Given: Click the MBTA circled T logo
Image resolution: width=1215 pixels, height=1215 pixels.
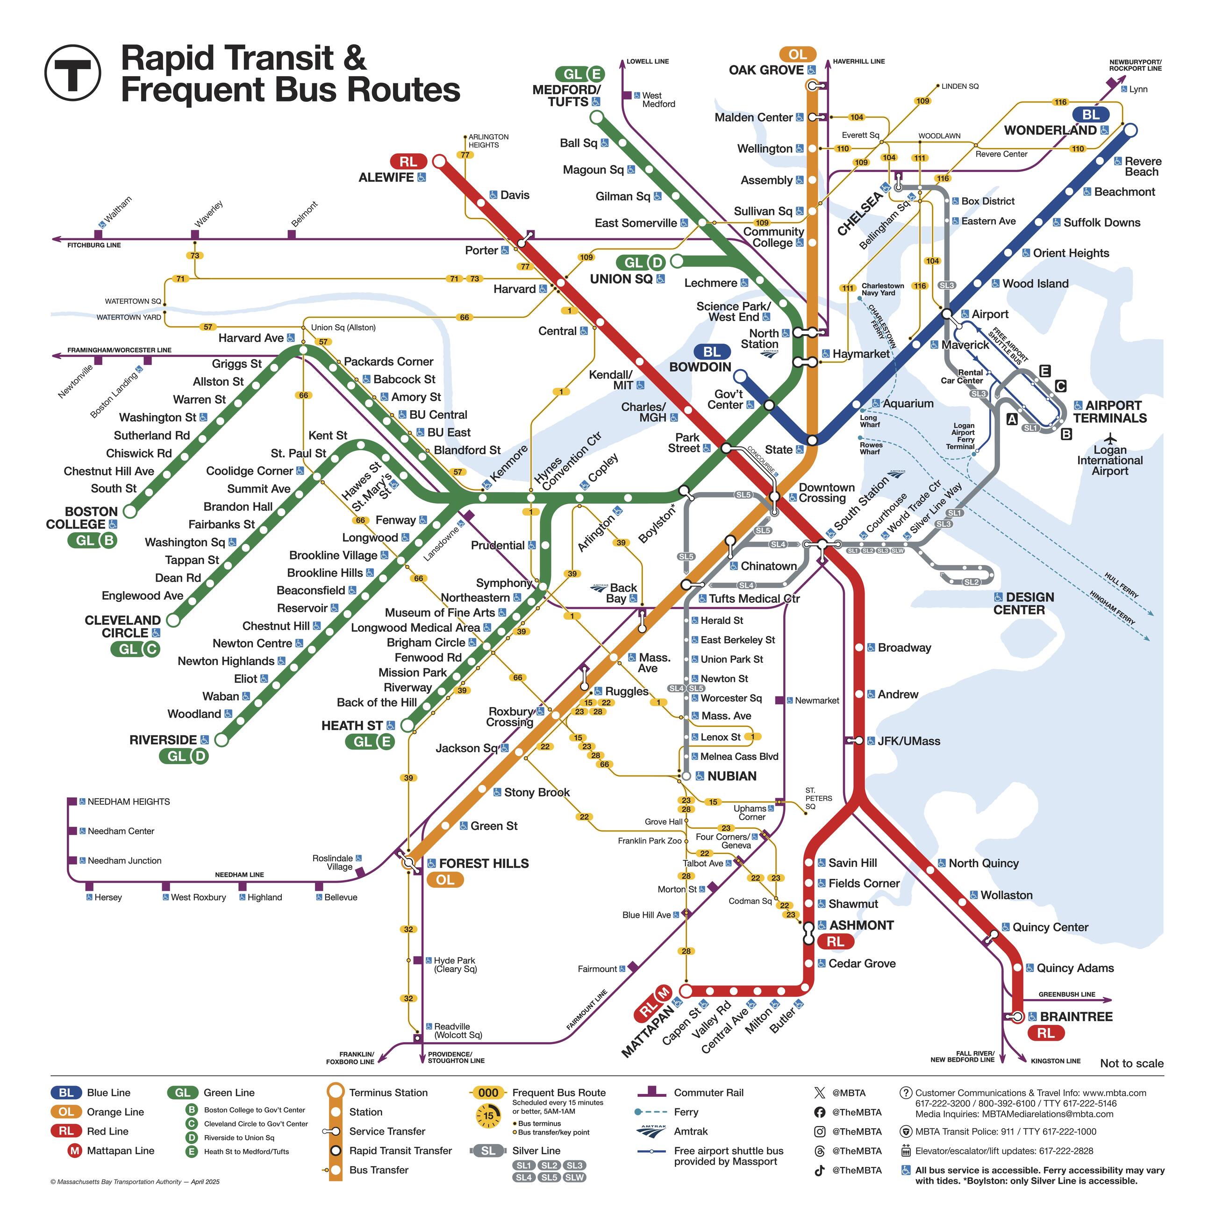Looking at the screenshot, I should click(x=72, y=72).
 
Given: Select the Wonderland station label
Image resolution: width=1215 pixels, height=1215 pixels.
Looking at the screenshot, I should click(x=1050, y=130).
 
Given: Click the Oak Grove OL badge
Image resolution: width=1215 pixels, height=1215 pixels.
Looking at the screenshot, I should click(x=797, y=55).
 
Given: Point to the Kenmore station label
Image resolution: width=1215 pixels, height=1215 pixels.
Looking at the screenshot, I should click(x=509, y=464).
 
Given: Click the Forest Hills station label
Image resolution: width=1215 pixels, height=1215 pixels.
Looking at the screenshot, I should click(x=484, y=864).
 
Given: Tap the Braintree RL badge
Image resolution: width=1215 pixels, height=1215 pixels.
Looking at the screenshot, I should click(x=1046, y=1033).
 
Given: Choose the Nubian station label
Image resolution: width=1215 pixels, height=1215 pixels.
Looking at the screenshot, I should click(x=731, y=776).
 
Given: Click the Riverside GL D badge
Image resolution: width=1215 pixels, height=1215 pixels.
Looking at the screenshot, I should click(x=184, y=756).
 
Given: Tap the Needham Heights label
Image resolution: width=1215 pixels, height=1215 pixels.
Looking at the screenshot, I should click(x=129, y=801).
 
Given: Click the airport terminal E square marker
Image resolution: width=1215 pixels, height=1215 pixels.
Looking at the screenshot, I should click(x=1044, y=371).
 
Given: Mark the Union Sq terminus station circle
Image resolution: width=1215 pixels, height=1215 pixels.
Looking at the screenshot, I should click(x=677, y=261).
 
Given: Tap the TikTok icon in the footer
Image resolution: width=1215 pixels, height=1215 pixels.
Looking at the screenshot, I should click(x=820, y=1170).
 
